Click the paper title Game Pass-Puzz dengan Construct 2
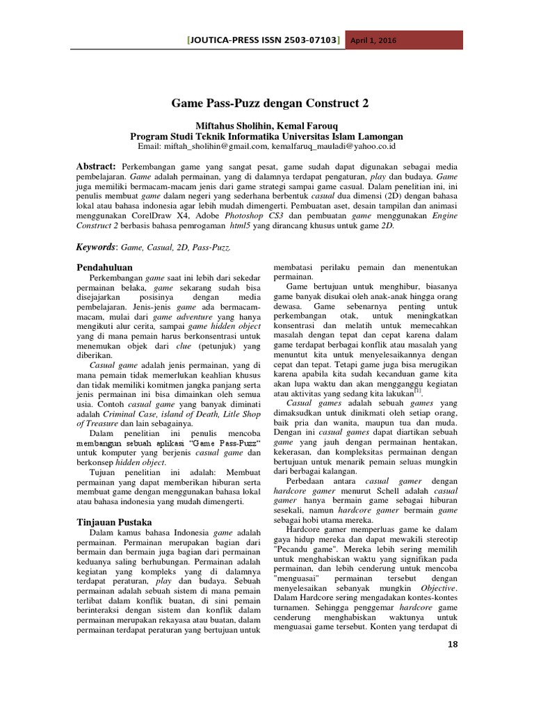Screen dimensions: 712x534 click(270, 103)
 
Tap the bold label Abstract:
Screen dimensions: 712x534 click(95, 168)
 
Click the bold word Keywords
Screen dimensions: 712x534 click(95, 247)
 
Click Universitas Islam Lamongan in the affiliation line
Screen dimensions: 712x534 click(344, 136)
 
